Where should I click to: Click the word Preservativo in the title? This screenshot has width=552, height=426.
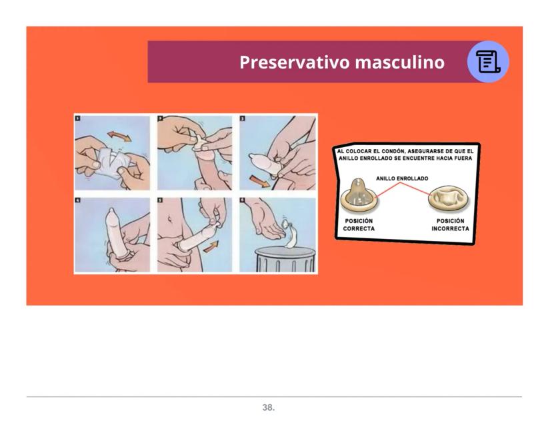(295, 62)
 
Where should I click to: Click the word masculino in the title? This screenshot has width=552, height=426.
(400, 62)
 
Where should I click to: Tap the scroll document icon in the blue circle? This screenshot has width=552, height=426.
(488, 61)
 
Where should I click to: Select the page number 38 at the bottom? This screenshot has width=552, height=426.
(268, 407)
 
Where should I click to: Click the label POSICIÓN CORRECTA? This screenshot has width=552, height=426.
(359, 224)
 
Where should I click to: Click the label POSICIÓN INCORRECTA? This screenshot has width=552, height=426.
(450, 224)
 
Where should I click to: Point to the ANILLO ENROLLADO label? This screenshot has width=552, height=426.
(402, 178)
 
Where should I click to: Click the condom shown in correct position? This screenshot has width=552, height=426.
(359, 195)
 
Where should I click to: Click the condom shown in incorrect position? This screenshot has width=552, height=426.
(449, 199)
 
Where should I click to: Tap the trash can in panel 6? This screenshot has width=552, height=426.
(285, 260)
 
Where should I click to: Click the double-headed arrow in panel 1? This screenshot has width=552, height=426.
(119, 136)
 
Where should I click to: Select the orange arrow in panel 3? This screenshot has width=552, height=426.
(260, 181)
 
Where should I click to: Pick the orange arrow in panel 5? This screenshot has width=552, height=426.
(211, 247)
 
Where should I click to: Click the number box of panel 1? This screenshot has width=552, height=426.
(78, 118)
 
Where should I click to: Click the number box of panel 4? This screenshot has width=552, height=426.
(78, 200)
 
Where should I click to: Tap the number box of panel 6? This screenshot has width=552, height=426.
(242, 200)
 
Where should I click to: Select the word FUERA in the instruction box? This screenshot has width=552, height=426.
(463, 158)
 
